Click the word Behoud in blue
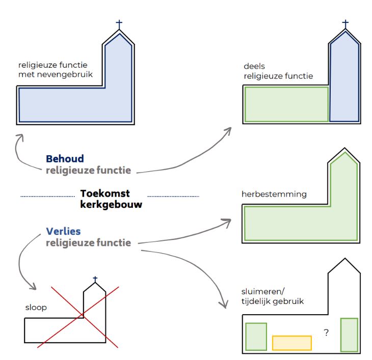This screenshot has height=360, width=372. tap(65, 159)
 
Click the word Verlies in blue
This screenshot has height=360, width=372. tap(63, 232)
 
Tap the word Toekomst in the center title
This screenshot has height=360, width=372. tap(105, 193)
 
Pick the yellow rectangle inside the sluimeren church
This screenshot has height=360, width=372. tap(291, 343)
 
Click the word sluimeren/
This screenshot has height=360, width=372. tap(262, 292)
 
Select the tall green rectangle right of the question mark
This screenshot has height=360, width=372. tap(349, 334)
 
